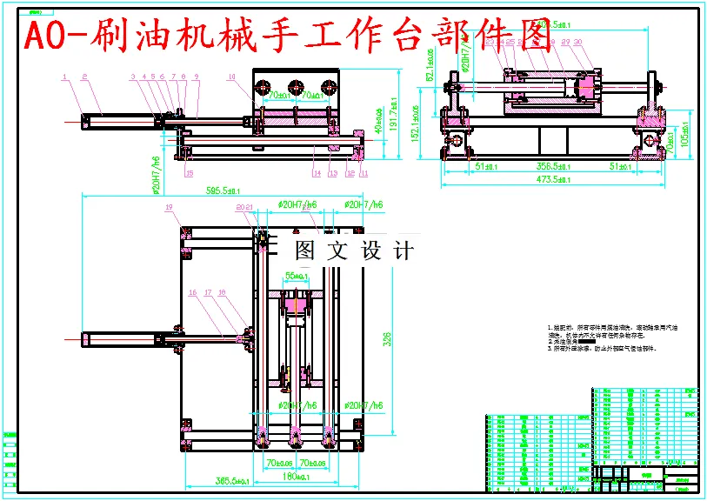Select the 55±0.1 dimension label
pos(296,277)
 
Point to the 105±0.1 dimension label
pos(687,138)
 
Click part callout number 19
pos(170,207)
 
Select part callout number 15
pos(189,172)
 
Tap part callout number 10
pos(231,77)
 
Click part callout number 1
pos(64,77)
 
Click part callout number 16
pos(192,293)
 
